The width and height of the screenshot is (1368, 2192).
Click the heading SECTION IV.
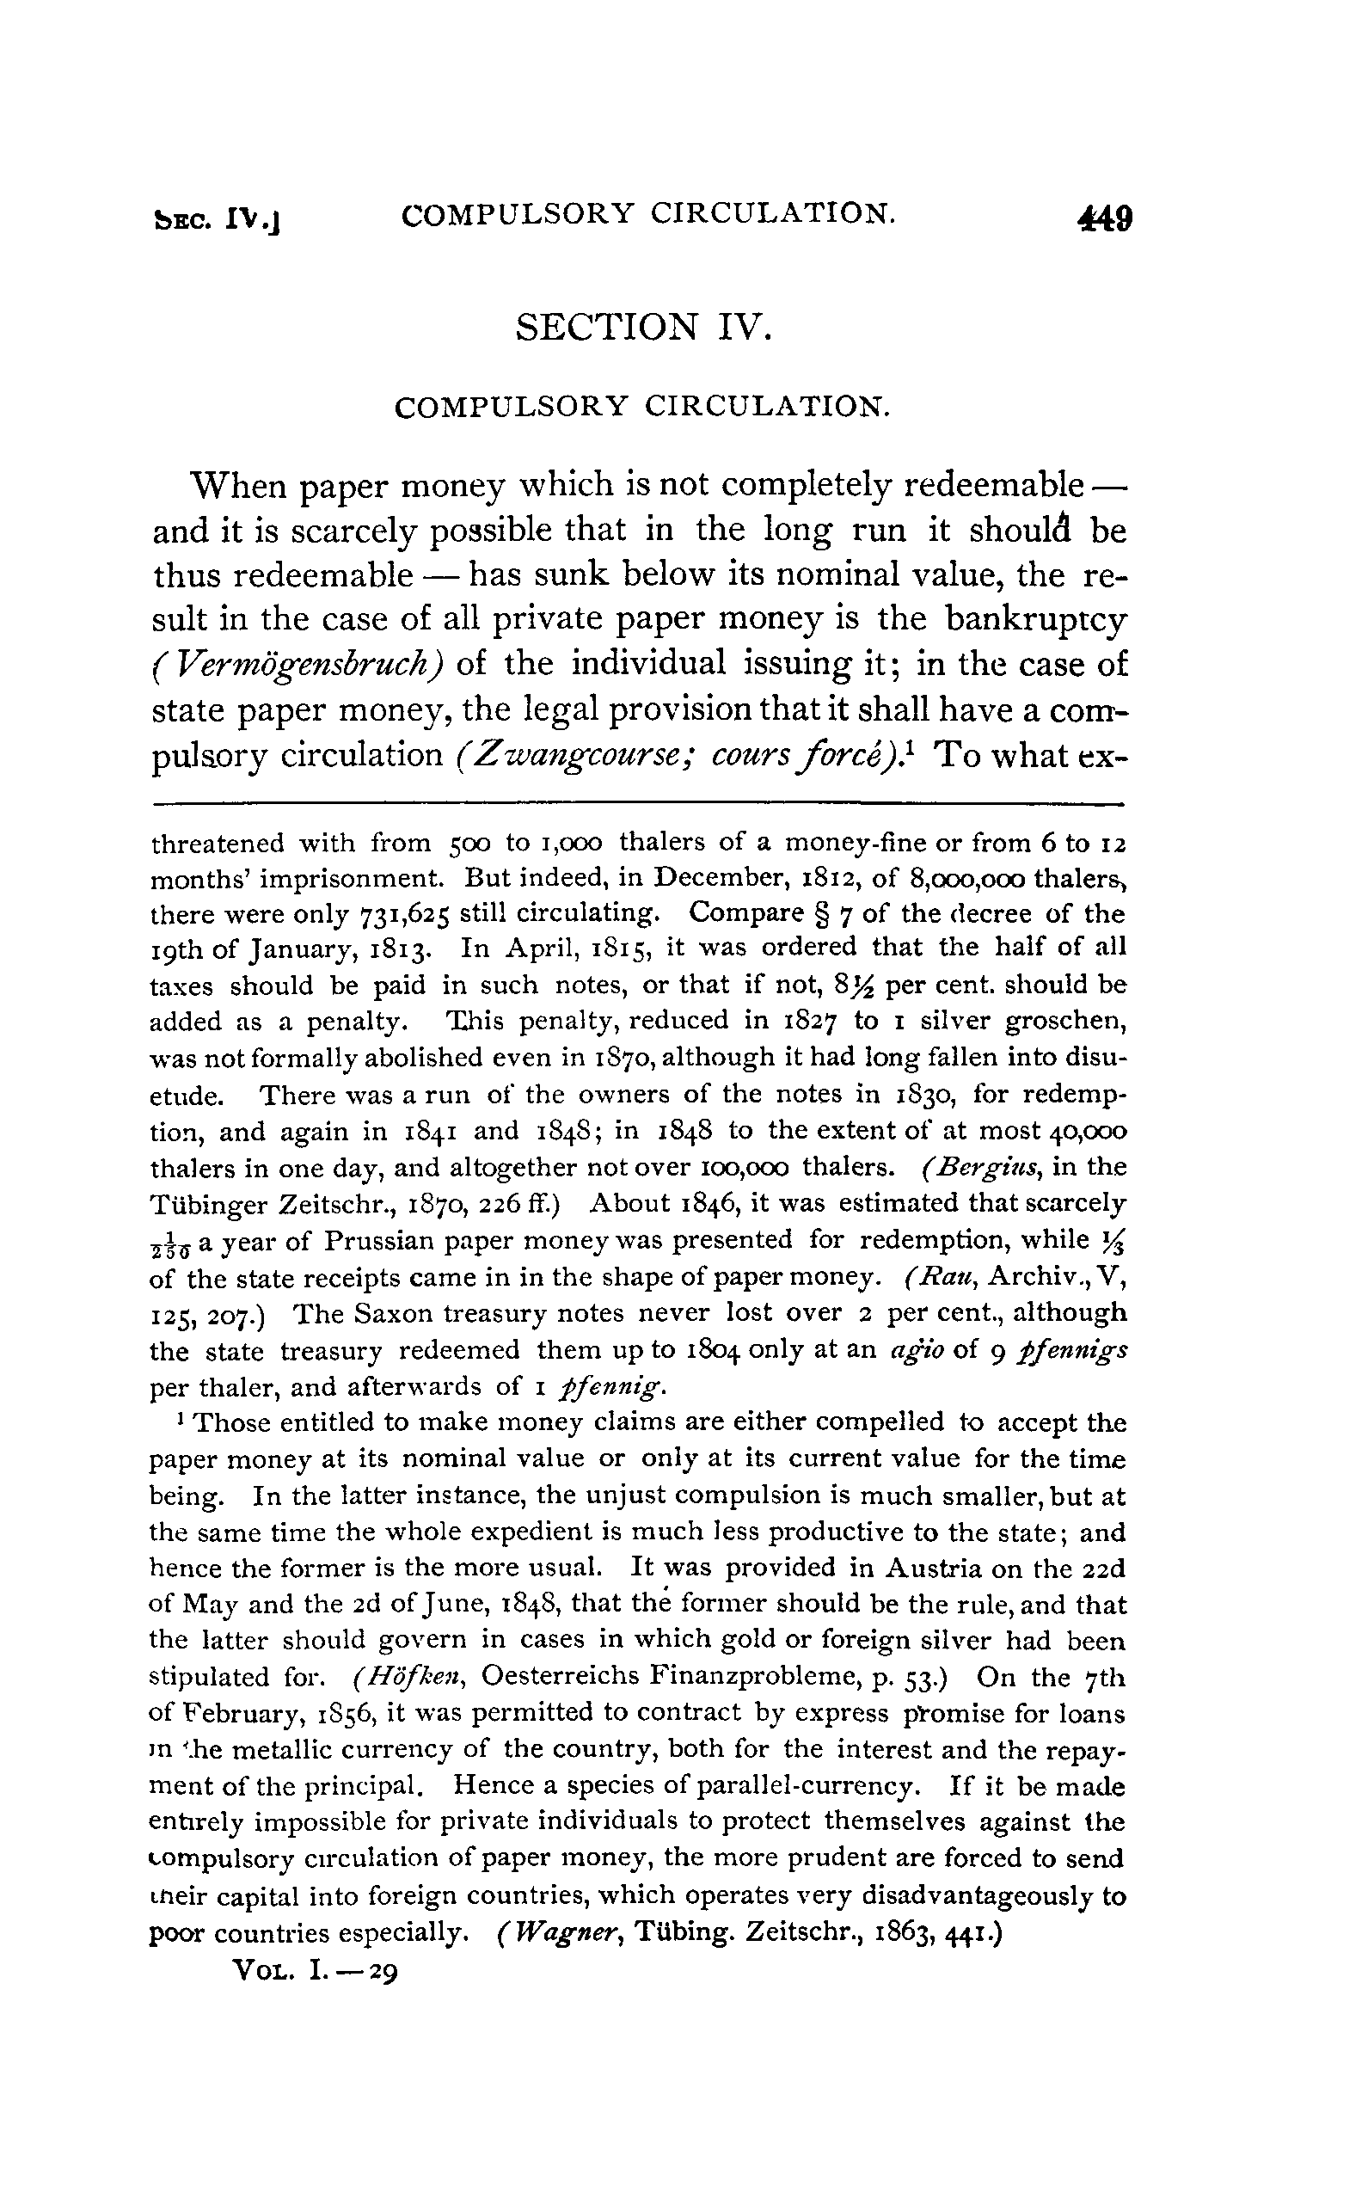coord(644,327)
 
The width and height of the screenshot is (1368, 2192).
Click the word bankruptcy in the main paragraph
coord(1036,620)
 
